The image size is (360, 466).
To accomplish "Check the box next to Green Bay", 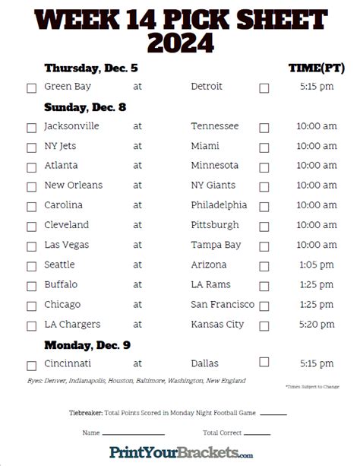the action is click(31, 88).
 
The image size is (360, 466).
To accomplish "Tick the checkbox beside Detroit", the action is click(264, 88).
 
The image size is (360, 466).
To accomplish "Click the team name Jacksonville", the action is click(72, 126).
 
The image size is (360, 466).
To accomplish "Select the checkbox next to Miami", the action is click(264, 147).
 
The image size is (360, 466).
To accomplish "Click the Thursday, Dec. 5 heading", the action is click(91, 68).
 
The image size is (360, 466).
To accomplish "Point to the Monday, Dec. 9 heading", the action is click(87, 344).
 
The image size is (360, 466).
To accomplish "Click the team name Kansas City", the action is click(218, 324).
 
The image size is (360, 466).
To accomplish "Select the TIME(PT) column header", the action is click(315, 68).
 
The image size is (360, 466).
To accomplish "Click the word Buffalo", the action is click(62, 284).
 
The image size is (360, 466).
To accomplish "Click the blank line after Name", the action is click(134, 434).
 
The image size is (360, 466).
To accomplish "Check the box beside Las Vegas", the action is click(31, 246).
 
